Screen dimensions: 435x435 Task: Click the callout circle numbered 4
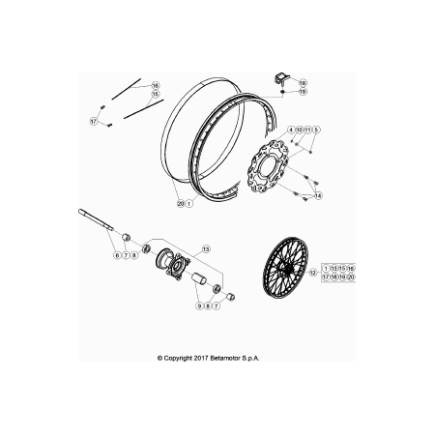(291, 130)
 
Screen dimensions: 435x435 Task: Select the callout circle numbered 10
(300, 130)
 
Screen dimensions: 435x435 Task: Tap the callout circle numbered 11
(308, 130)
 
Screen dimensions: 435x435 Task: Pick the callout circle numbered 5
(316, 130)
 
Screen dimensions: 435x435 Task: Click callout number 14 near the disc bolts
(318, 195)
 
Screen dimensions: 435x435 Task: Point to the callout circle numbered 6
(117, 255)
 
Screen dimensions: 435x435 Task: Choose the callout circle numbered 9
(199, 305)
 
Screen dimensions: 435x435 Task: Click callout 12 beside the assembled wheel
(313, 273)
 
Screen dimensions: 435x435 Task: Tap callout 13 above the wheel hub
(206, 248)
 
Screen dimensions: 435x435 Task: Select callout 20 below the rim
(181, 204)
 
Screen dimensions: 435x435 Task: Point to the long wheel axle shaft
(96, 219)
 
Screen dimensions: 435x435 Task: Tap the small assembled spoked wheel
(285, 268)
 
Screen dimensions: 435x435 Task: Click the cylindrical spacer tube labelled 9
(199, 278)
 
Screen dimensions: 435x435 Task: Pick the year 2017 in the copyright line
(201, 358)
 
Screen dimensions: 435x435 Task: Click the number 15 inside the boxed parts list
(342, 269)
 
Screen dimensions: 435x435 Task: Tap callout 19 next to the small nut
(303, 92)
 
